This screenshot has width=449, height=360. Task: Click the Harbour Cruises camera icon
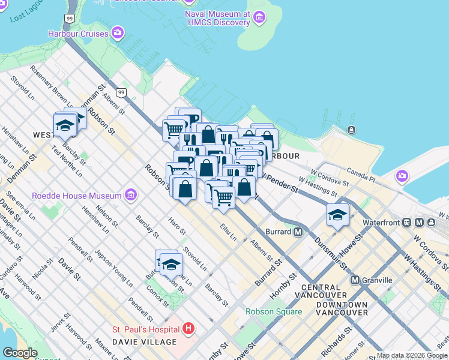(x=118, y=32)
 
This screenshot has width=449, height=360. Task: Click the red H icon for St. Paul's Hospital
(x=188, y=329)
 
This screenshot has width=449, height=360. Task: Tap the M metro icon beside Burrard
(x=297, y=232)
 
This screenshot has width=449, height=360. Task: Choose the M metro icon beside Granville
(x=355, y=280)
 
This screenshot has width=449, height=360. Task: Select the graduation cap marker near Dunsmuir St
(x=337, y=214)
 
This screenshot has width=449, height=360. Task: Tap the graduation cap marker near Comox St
(x=171, y=263)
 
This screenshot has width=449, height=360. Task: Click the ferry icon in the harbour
(x=351, y=130)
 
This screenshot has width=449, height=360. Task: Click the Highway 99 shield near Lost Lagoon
(x=71, y=19)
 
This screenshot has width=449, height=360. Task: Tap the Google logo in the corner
(x=20, y=353)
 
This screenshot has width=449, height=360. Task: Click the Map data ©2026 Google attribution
(x=411, y=355)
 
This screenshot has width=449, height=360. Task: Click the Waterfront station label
(x=381, y=223)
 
